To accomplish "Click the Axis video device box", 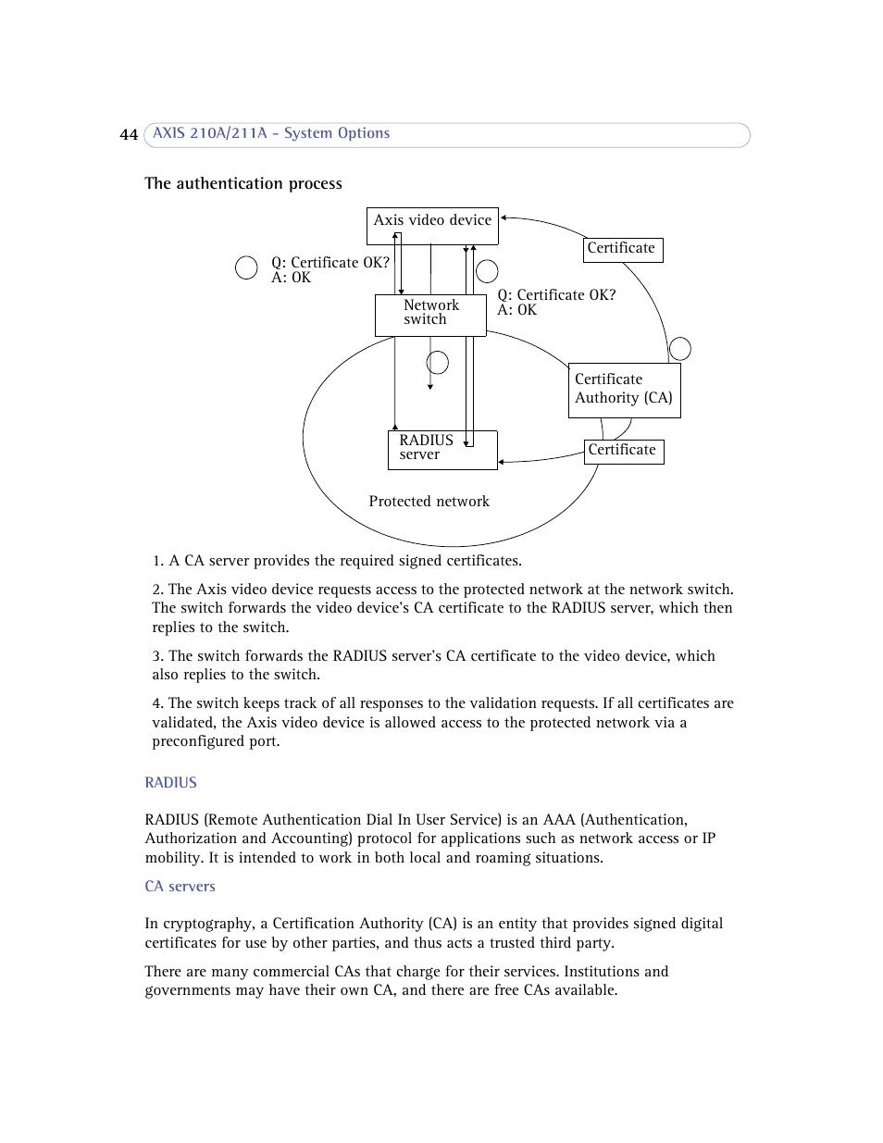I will click(432, 225).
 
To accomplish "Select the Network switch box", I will click(430, 315).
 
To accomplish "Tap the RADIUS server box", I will click(441, 450).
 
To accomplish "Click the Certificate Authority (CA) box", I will click(624, 390).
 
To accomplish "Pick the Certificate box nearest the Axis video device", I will click(623, 249).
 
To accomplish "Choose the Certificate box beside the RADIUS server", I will click(624, 451).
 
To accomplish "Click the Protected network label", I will click(429, 502).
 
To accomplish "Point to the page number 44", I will click(129, 135).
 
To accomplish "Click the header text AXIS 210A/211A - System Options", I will click(271, 133).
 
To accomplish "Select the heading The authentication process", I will click(243, 183).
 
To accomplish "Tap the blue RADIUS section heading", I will click(171, 783).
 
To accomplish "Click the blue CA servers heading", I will click(180, 887).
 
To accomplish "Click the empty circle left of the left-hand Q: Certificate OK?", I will click(246, 268).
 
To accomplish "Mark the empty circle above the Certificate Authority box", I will click(680, 349).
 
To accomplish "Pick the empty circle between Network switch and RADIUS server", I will click(438, 362).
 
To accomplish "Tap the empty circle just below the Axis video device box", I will click(487, 271).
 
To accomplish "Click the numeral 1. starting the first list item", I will click(158, 561).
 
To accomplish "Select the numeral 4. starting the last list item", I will click(158, 703).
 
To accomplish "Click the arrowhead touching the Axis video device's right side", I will click(504, 218).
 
